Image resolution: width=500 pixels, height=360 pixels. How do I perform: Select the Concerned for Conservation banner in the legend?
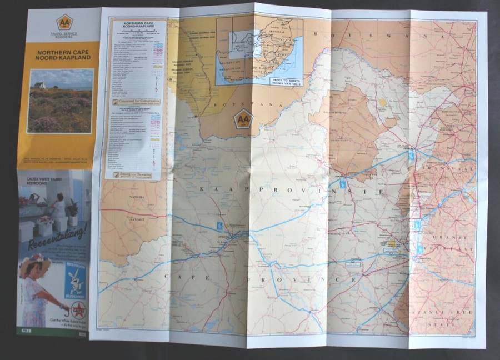(137, 102)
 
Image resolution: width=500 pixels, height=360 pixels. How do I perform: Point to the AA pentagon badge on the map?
(243, 118)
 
